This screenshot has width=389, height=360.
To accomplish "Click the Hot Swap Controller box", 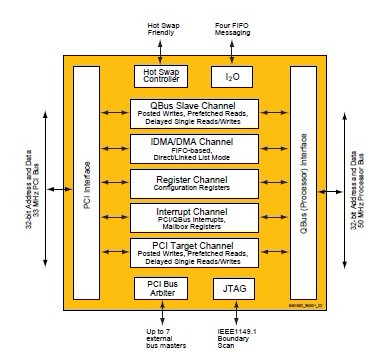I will tap(161, 76).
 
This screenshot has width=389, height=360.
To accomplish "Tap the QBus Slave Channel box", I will tap(195, 113).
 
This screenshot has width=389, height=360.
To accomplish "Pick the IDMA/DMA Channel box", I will tap(195, 148).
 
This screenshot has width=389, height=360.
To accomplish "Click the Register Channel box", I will tap(195, 182).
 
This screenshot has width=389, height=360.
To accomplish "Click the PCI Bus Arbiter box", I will tap(161, 288).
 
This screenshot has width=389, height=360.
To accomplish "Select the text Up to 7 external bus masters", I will tap(161, 336).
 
